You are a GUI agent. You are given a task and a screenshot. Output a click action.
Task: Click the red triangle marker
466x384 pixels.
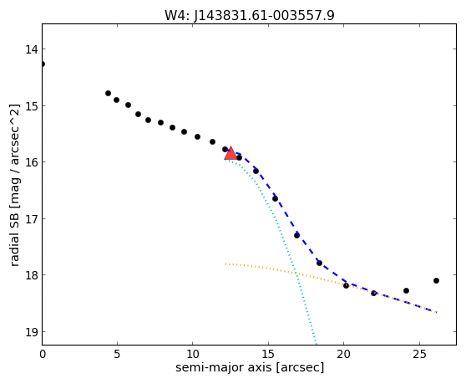[x=230, y=154]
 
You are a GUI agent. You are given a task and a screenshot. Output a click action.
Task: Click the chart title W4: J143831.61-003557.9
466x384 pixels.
[x=250, y=16]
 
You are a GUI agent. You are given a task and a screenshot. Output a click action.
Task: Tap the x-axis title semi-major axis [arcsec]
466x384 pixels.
[x=250, y=367]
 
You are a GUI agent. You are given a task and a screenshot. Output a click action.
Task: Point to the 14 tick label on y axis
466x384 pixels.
[x=31, y=49]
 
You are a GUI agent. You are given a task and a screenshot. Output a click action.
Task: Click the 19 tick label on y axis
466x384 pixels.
[x=31, y=332]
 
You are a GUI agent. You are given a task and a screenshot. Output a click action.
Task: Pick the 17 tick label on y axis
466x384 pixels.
[x=31, y=219]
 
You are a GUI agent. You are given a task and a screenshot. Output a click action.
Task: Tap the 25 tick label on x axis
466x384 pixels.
[x=419, y=354]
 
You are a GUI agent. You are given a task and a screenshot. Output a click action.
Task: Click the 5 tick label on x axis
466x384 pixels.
[x=117, y=354]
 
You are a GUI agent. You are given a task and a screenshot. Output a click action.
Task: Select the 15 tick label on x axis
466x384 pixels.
[x=268, y=354]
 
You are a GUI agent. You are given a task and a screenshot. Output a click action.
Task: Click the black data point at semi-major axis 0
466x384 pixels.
[x=43, y=64]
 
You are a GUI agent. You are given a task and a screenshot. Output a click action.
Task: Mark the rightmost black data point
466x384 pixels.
[x=436, y=281]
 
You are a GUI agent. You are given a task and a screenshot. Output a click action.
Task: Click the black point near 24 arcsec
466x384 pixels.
[x=406, y=291]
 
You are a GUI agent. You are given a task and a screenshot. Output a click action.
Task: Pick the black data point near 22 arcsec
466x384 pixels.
[x=373, y=293]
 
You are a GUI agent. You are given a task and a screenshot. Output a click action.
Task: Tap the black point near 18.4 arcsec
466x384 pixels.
[x=320, y=264]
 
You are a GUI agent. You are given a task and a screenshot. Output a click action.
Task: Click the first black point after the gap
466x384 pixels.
[x=109, y=94]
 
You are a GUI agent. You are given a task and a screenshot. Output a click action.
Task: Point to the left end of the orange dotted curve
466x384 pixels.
[x=225, y=264]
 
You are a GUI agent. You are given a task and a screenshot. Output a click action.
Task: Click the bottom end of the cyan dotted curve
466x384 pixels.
[x=316, y=344]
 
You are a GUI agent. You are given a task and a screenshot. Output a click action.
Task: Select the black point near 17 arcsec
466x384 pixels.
[x=297, y=235]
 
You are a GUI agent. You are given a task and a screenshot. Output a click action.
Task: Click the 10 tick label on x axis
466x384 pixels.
[x=193, y=354]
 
